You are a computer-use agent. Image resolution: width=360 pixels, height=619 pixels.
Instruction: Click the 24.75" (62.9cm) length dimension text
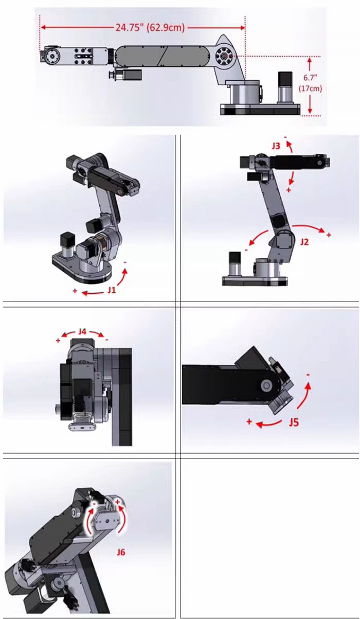(x=150, y=28)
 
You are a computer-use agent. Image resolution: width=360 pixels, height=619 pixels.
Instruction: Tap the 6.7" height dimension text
(x=310, y=78)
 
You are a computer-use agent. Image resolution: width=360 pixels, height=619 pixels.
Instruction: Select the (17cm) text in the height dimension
(x=310, y=89)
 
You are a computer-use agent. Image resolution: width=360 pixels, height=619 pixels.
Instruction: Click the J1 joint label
(x=112, y=290)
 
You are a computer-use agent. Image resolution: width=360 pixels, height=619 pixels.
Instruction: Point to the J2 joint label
(x=304, y=242)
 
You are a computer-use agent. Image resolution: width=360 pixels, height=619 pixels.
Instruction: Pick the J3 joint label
(x=276, y=146)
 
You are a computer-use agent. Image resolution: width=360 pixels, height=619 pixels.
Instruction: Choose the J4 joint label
(x=82, y=331)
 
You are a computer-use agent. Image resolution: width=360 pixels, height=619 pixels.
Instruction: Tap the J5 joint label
(x=294, y=422)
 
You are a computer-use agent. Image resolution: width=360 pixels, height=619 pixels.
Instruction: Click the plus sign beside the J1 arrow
(x=75, y=291)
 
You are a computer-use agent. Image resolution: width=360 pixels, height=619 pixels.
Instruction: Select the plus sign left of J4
(x=58, y=341)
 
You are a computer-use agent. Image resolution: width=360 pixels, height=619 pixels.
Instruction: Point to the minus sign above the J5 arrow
(x=308, y=375)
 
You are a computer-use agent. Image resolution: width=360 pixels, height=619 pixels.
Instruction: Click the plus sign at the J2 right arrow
(x=329, y=235)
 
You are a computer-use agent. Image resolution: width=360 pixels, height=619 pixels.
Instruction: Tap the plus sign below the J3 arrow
(x=289, y=190)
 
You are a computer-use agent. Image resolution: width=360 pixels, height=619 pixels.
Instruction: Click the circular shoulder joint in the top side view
(x=224, y=56)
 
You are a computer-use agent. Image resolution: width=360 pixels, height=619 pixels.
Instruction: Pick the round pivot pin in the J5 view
(x=266, y=385)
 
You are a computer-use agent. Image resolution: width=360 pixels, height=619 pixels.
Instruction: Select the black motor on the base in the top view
(x=285, y=79)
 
